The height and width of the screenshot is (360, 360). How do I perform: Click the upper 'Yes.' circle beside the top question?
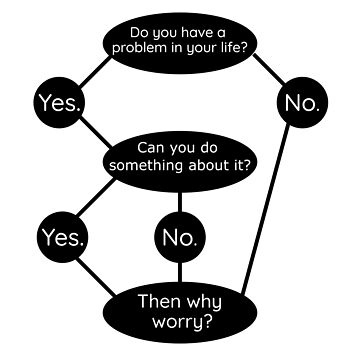tap(58, 102)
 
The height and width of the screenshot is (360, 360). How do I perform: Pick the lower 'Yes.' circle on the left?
tap(62, 237)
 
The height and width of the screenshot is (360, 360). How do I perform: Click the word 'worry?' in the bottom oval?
tap(180, 322)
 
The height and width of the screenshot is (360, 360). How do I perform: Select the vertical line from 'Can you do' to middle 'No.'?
tap(181, 195)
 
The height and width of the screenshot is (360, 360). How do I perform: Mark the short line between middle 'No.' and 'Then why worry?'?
tap(181, 273)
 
